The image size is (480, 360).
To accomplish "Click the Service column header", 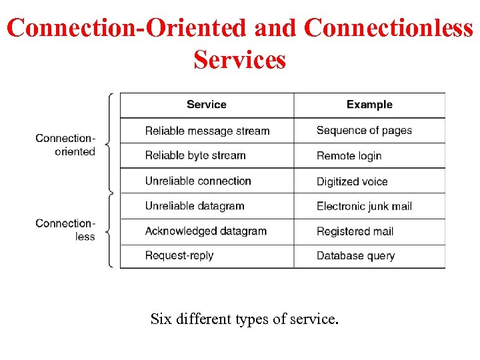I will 207,105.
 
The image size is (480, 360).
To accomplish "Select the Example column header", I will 369,105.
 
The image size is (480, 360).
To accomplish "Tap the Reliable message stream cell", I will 207,131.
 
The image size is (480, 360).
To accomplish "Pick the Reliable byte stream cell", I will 195,155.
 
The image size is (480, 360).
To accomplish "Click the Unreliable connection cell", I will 198,181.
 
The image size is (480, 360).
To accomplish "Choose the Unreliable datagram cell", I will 195,206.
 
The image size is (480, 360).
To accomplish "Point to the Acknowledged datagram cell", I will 206,231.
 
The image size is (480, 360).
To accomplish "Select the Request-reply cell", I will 179,255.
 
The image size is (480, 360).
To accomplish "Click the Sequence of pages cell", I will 364,131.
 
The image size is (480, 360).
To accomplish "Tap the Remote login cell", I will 349,156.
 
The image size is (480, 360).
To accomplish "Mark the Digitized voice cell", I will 352,181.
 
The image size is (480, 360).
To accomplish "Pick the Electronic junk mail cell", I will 364,206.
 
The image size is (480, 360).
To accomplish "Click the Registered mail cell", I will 355,231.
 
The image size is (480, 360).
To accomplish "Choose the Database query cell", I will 355,256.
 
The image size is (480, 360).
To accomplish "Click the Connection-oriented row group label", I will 66,145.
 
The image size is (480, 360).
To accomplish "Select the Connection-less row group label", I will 66,229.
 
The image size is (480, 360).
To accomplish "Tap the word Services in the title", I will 239,60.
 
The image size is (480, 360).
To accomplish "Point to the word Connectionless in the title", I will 388,28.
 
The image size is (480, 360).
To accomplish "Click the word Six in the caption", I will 161,319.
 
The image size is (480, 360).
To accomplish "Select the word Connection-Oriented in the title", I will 127,28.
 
